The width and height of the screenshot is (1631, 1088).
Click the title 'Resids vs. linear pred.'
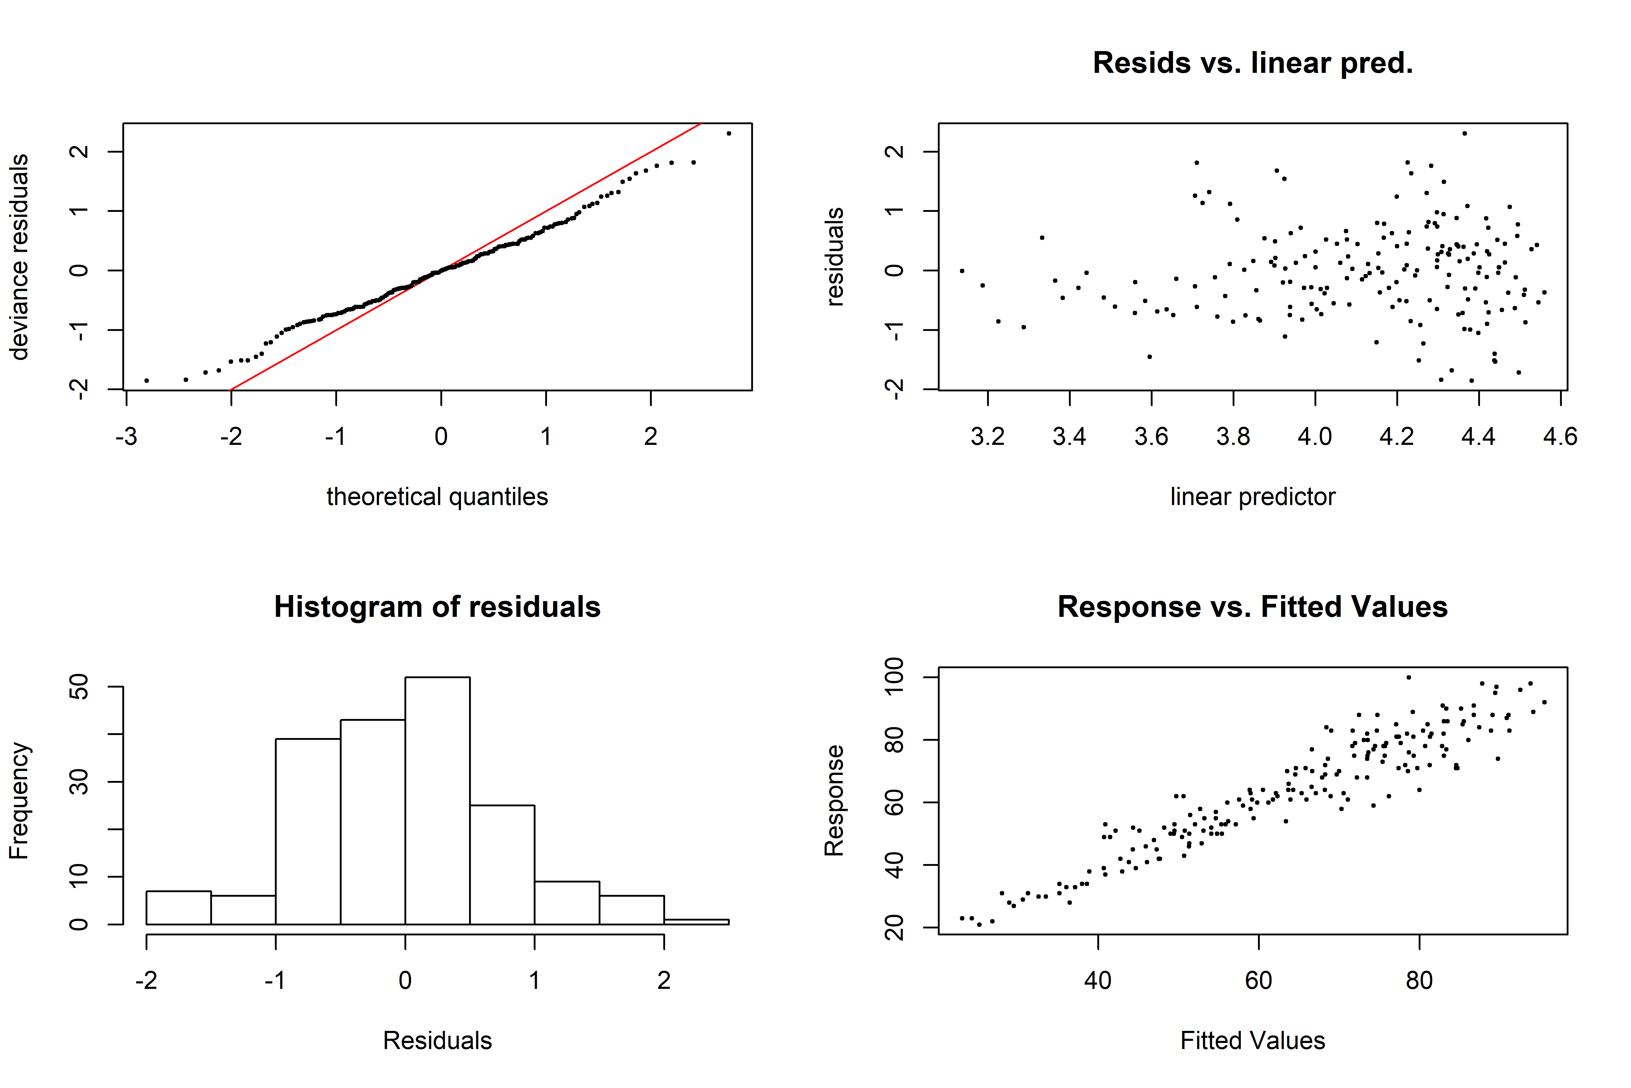[1252, 63]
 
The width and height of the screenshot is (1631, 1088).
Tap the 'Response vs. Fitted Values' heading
[1252, 607]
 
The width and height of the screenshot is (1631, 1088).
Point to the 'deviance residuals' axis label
[19, 257]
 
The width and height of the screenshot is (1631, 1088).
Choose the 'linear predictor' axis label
[1252, 497]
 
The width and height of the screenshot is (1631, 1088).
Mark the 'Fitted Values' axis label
[1252, 1041]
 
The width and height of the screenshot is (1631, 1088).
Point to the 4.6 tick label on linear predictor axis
[1560, 436]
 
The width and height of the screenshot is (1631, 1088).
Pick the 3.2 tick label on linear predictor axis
[987, 436]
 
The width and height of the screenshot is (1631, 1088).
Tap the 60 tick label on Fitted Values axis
[1259, 980]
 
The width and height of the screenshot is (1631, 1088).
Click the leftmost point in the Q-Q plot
[146, 380]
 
